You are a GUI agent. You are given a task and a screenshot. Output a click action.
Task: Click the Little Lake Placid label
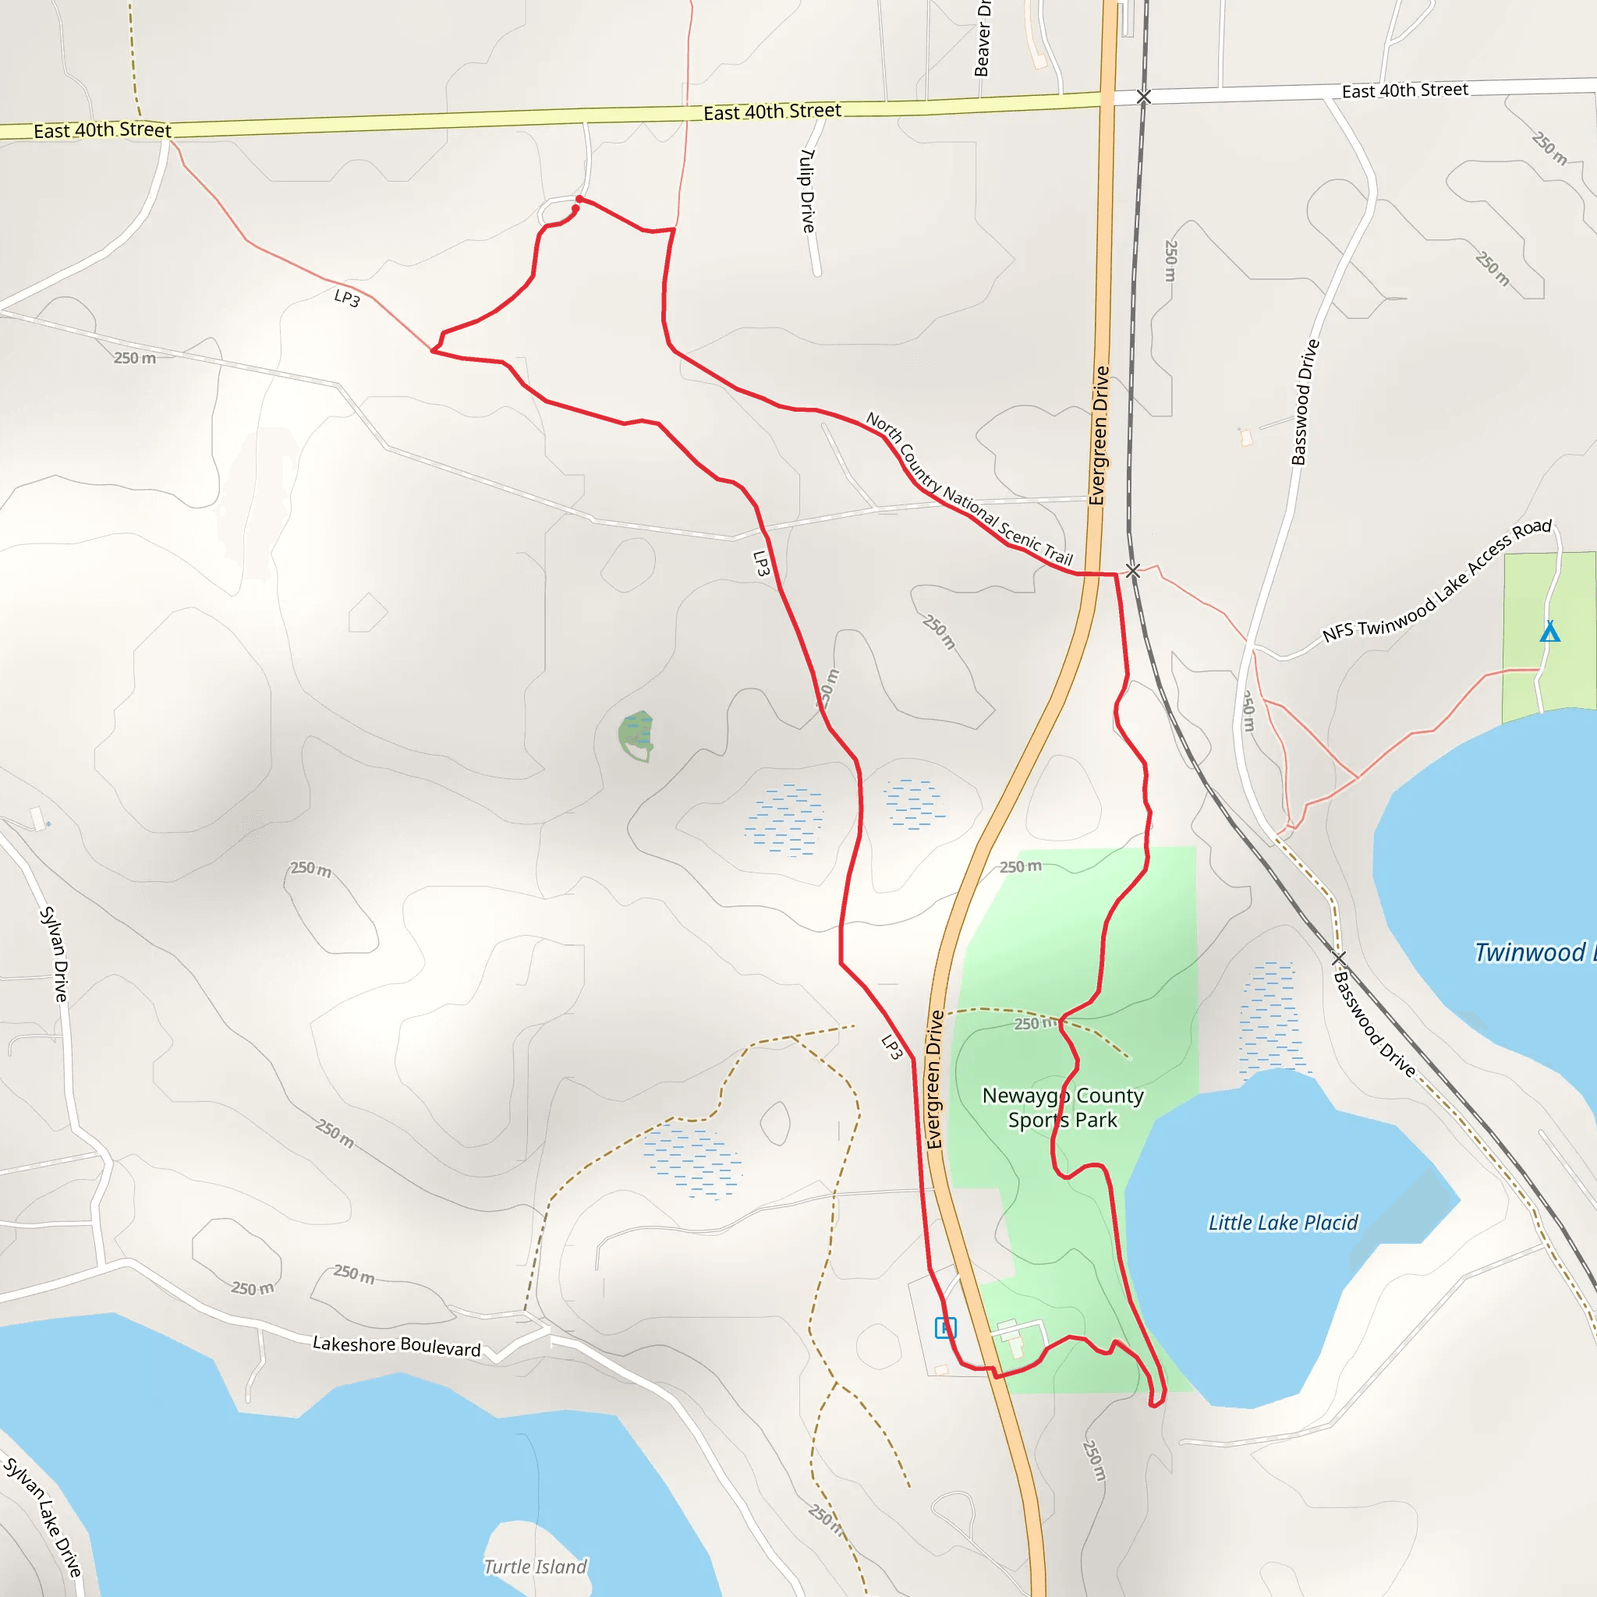click(x=1282, y=1223)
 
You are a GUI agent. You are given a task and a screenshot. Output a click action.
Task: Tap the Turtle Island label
click(x=535, y=1567)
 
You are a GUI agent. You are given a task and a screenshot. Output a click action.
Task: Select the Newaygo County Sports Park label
click(x=1062, y=1107)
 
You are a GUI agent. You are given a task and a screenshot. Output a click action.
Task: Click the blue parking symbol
click(x=945, y=1327)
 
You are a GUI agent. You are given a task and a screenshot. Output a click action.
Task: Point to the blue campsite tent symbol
click(x=1550, y=632)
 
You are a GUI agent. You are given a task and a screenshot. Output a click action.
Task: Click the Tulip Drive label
click(x=808, y=190)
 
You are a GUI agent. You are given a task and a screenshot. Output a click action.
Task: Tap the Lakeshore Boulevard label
click(x=396, y=1346)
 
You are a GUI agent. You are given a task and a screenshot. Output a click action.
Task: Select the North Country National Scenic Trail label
click(x=968, y=490)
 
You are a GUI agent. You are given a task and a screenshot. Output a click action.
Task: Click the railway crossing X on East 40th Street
click(x=1143, y=97)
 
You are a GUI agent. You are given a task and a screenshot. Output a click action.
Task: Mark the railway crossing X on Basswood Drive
click(x=1338, y=958)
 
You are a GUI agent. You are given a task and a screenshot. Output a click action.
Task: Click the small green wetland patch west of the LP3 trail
click(x=636, y=734)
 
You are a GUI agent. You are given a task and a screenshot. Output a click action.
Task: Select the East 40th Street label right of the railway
click(x=1404, y=90)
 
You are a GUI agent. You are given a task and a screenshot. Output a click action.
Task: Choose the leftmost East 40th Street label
click(x=102, y=129)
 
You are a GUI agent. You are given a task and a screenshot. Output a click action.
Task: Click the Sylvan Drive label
click(x=55, y=954)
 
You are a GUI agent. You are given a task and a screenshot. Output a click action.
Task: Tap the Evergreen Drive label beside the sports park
click(x=935, y=1078)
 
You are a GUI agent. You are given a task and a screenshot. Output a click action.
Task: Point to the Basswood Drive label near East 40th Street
click(x=1305, y=402)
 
